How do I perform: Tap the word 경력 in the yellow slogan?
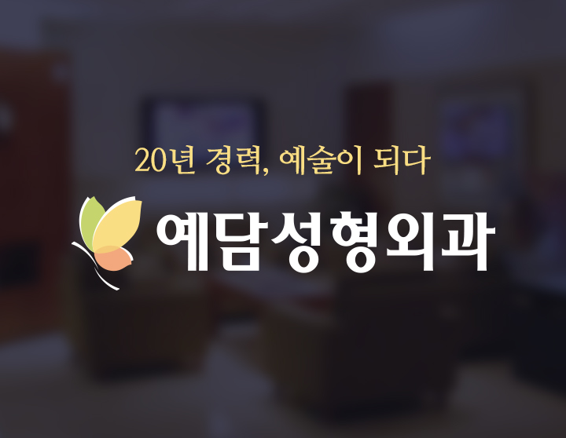(x=230, y=160)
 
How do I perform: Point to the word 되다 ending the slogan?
(x=405, y=159)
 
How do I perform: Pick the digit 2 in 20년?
(x=142, y=161)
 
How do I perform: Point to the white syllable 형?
(x=351, y=238)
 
